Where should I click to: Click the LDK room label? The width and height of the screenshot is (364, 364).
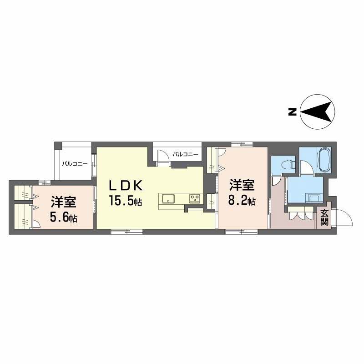[126, 185]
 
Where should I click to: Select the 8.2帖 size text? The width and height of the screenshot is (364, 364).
[242, 200]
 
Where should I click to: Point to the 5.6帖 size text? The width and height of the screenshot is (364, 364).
[63, 217]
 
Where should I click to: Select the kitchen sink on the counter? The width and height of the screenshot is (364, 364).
[167, 198]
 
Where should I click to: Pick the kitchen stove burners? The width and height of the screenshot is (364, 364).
[195, 198]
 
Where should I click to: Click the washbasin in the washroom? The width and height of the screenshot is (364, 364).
[314, 198]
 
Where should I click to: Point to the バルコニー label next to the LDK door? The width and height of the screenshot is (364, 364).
[185, 155]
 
